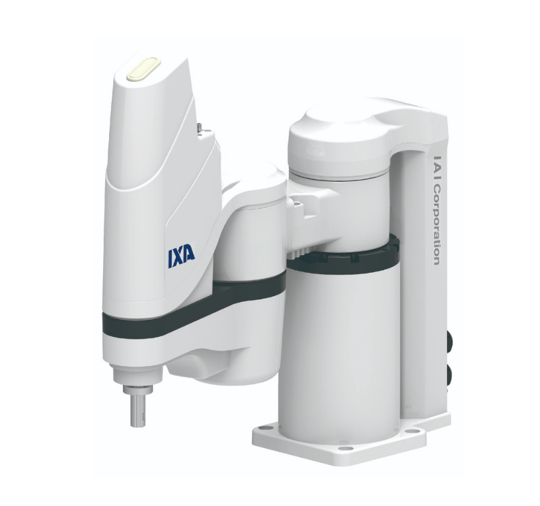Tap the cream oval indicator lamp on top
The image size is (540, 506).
tap(143, 69)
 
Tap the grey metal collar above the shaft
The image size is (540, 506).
tap(137, 389)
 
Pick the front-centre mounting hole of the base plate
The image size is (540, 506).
tap(346, 448)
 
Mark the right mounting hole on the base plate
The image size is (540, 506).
tap(412, 431)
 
